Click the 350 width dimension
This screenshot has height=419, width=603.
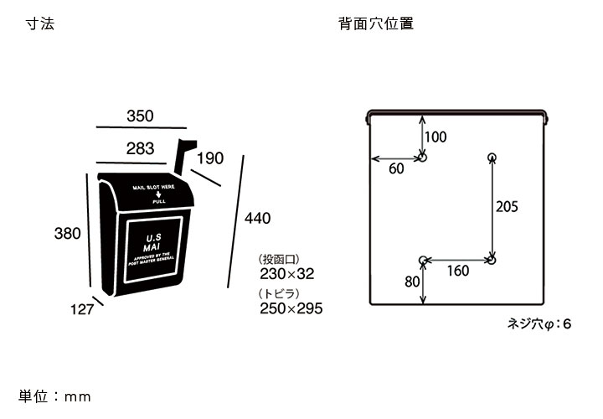tap(140, 116)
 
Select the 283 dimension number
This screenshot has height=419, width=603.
tap(140, 149)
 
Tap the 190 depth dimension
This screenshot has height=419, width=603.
tap(211, 158)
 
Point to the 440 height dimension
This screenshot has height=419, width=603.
tap(257, 218)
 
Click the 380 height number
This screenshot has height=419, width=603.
tap(67, 233)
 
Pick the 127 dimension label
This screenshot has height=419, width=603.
tap(81, 309)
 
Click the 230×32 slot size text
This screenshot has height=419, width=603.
tap(286, 274)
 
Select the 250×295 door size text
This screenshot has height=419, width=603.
tap(291, 308)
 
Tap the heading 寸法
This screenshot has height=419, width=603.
tap(40, 23)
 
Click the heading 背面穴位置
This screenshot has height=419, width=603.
tap(376, 23)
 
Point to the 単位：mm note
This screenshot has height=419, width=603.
tap(54, 396)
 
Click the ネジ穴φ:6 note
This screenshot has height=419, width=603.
tap(539, 323)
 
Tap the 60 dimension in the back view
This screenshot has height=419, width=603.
tap(396, 168)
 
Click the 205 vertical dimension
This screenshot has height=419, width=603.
tap(508, 207)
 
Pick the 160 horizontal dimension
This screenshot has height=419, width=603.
tap(457, 271)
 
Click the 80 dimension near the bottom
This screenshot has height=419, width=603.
tap(412, 282)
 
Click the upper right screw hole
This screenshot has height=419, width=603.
tap(492, 157)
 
